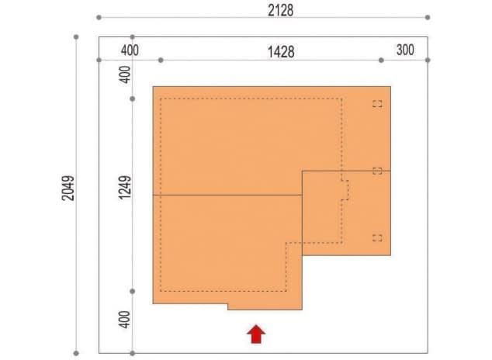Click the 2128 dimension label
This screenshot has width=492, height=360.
[x=280, y=10]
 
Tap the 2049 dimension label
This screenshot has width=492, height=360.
[x=68, y=189]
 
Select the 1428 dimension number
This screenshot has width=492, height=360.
[x=281, y=52]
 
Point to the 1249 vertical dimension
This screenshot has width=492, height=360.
[x=125, y=187]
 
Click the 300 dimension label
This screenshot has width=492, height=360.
[x=405, y=50]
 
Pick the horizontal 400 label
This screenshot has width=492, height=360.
[x=130, y=50]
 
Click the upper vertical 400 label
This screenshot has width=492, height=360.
[x=125, y=74]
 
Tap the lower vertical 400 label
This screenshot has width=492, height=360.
[x=125, y=320]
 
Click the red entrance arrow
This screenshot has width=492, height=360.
[x=256, y=334]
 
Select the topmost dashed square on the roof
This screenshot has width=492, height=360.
[x=377, y=104]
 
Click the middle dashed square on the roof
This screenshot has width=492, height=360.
[x=377, y=171]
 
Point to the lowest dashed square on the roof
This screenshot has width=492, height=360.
[x=377, y=238]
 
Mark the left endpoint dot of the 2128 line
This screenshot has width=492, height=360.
[x=99, y=17]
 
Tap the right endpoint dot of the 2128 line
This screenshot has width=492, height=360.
[x=428, y=17]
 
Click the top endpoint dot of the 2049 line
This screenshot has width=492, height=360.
[x=76, y=37]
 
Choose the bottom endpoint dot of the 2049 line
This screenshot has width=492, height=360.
[x=76, y=353]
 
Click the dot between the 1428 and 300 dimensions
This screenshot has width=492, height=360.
[x=381, y=60]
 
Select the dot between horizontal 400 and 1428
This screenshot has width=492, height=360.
[x=161, y=60]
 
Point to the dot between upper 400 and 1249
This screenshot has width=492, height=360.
[x=133, y=99]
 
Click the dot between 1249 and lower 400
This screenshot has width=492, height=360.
[x=133, y=291]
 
